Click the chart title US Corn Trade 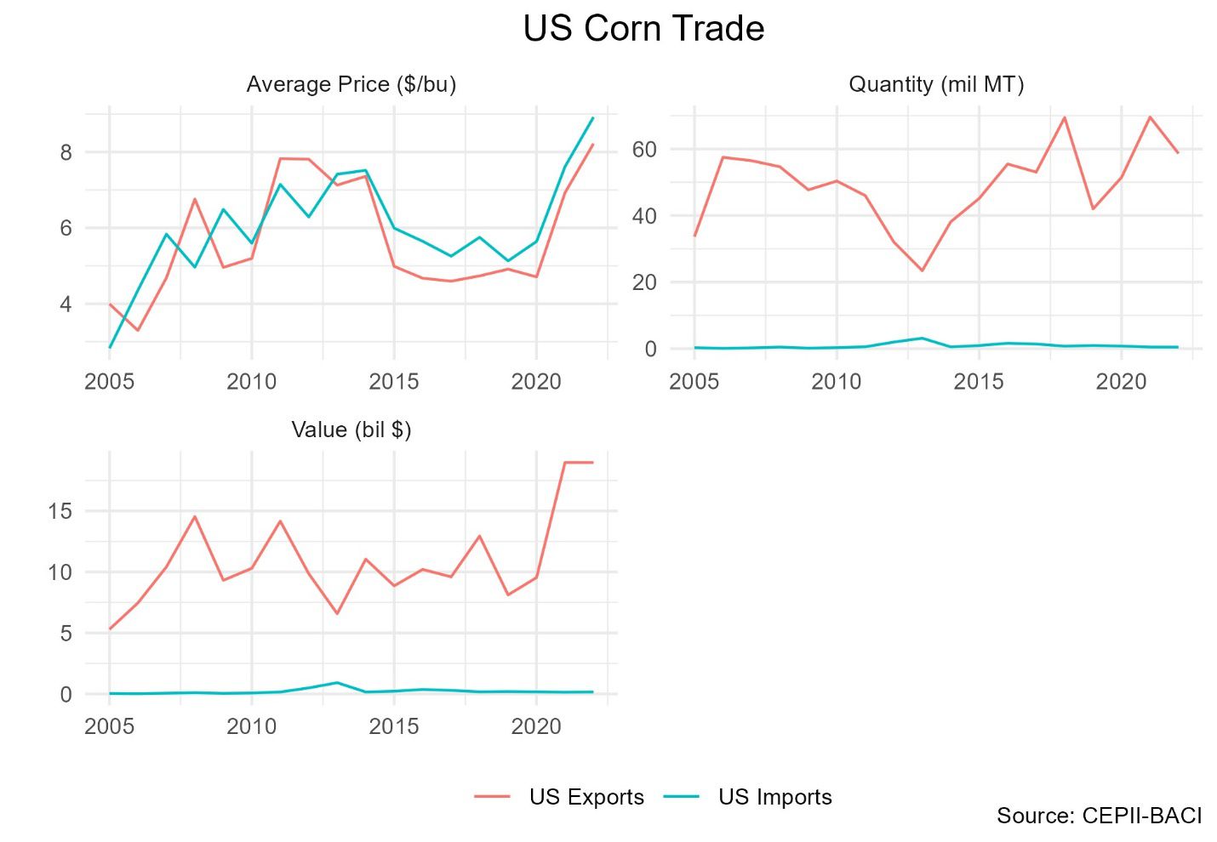[x=643, y=29]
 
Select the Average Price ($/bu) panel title [x=351, y=85]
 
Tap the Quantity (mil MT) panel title [x=936, y=85]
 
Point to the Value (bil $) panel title [x=351, y=430]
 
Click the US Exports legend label [x=586, y=797]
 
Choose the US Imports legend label [x=774, y=797]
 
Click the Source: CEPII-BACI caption [x=1099, y=816]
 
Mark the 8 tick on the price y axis [x=66, y=153]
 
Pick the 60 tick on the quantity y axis [x=644, y=150]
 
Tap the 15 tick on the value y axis [x=60, y=511]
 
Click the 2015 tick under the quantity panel [x=979, y=381]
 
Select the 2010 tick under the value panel [x=251, y=726]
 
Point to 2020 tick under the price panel [x=536, y=381]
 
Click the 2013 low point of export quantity [x=922, y=270]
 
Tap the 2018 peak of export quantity [x=1065, y=117]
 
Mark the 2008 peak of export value [x=195, y=516]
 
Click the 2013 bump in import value [x=337, y=682]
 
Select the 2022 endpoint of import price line [x=593, y=117]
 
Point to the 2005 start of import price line [x=110, y=347]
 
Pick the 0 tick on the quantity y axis [x=650, y=349]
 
